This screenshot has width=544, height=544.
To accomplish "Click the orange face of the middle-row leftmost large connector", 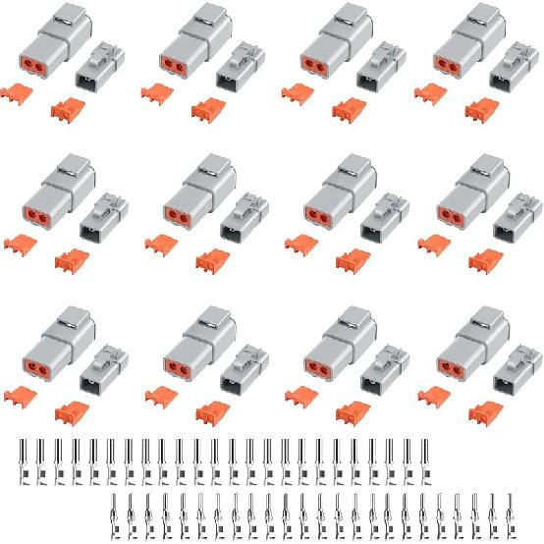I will [34, 217].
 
